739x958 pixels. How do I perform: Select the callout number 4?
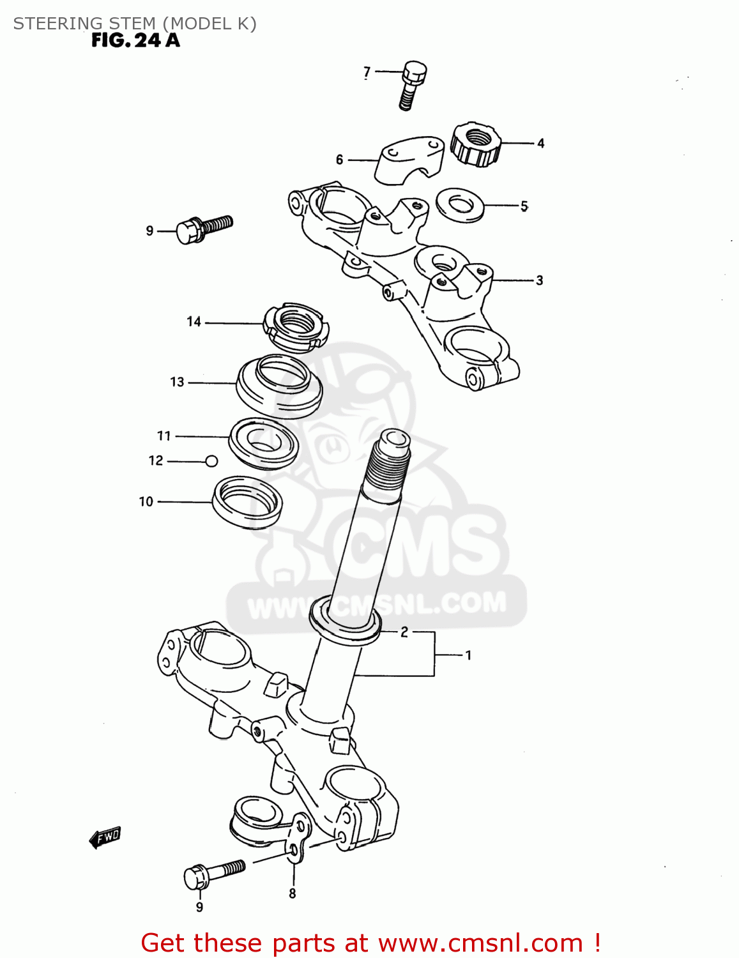(540, 144)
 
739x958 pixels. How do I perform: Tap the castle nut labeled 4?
(476, 145)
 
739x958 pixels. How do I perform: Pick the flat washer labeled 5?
(459, 205)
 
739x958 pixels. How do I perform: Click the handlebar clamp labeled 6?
(409, 160)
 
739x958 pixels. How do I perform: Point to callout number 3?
(539, 280)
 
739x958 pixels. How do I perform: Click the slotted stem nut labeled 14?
(296, 326)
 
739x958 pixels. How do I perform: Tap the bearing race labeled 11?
(264, 443)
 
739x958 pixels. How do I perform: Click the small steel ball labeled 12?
(212, 461)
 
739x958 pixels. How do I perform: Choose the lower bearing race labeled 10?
(248, 502)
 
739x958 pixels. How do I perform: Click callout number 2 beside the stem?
(404, 632)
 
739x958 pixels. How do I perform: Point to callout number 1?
(468, 655)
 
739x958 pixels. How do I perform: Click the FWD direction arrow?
(105, 837)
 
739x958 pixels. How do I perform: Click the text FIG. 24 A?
(135, 41)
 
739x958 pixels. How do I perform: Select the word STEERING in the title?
(52, 24)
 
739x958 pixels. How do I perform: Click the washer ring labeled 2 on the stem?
(345, 623)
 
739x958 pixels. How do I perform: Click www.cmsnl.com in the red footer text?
(480, 943)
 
